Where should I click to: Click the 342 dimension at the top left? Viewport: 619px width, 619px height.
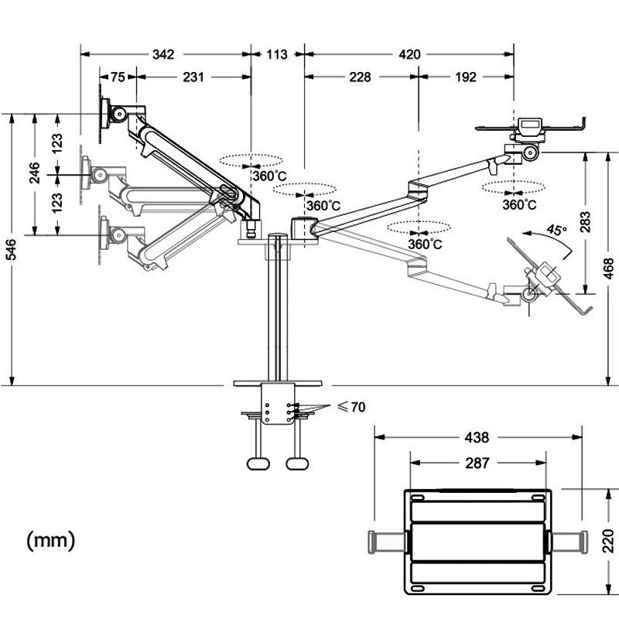pos(163,54)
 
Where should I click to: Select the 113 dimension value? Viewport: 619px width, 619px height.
pos(277,54)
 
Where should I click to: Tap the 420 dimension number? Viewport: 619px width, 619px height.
pos(409,54)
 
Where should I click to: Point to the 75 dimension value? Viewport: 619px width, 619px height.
pos(118,77)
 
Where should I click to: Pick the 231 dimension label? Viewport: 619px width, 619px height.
pos(193,77)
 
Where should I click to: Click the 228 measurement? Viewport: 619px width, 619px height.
pos(360,77)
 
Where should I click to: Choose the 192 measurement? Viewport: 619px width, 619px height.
pos(466,77)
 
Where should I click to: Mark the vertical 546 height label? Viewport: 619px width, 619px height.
pos(10,250)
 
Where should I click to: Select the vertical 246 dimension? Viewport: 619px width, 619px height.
pos(35,173)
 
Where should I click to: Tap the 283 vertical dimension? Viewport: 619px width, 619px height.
pos(585,222)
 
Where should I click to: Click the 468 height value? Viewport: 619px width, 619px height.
pos(609,267)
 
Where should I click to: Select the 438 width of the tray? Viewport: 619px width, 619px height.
pos(477,437)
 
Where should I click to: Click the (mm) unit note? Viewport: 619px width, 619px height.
pos(51,539)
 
